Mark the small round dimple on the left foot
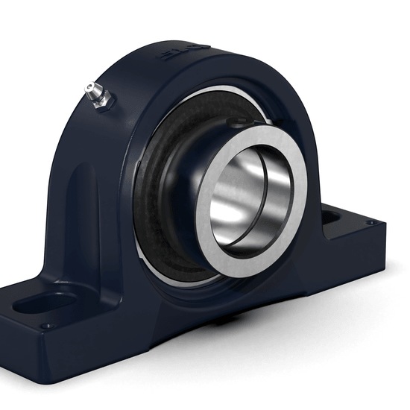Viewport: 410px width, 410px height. (48, 326)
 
